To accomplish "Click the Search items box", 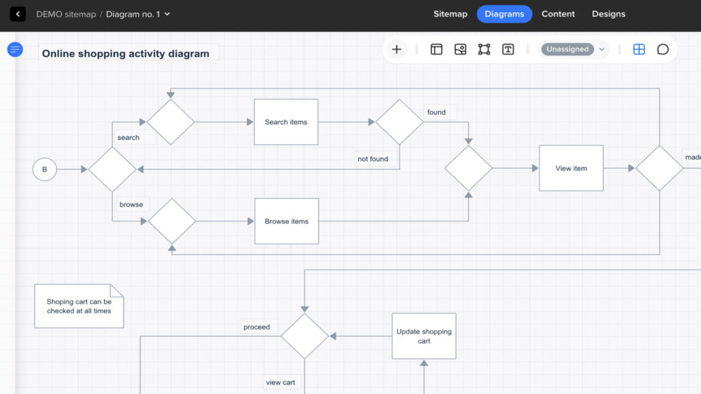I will click(286, 122).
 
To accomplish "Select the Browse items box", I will click(286, 221).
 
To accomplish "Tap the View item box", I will click(571, 168).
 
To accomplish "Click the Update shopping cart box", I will click(424, 336).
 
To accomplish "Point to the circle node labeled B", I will click(44, 169).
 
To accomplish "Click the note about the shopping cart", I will click(79, 306).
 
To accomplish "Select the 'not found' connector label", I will click(372, 159).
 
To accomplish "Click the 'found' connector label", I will click(436, 112).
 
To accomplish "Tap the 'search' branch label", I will click(128, 138).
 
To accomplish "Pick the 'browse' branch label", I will click(131, 204).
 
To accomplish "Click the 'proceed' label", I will click(257, 327).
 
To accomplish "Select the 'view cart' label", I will click(280, 382).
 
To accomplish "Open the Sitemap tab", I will click(450, 14).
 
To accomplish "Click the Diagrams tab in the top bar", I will click(505, 14).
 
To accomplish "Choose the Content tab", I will click(558, 14).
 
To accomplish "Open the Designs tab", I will click(609, 14).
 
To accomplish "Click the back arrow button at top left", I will click(18, 14).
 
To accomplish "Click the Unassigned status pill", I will click(568, 49).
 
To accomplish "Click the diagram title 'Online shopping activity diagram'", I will click(126, 53).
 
